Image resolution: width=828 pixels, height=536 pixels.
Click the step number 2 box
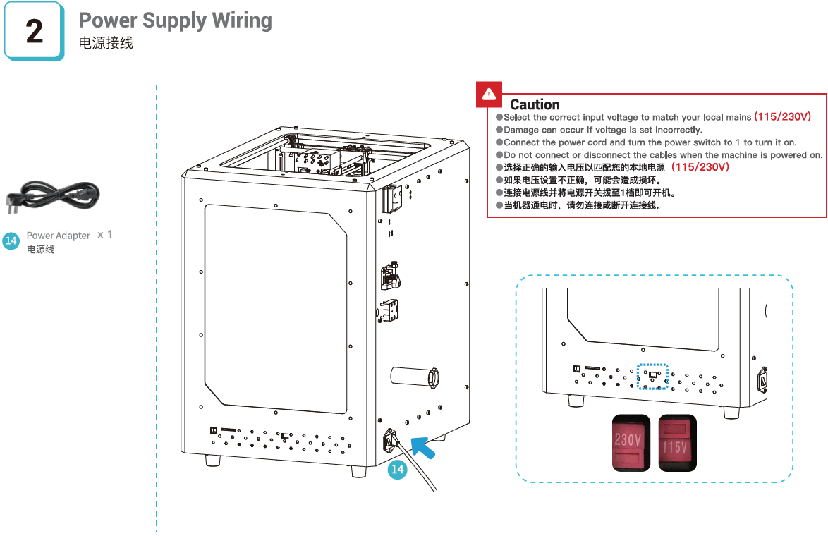click(x=34, y=32)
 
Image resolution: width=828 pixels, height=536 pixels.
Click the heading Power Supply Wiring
click(x=175, y=20)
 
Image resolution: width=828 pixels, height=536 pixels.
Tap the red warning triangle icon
click(x=489, y=94)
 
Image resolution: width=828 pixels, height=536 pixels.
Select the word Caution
click(x=535, y=104)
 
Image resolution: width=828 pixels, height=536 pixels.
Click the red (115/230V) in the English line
click(x=783, y=116)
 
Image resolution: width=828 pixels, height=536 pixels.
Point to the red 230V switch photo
click(x=631, y=442)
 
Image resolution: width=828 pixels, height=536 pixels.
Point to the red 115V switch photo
click(x=677, y=442)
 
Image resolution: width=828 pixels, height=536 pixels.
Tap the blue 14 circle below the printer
click(x=398, y=469)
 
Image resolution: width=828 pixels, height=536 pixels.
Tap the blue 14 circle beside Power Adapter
click(x=11, y=241)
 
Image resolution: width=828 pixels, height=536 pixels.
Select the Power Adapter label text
click(x=59, y=236)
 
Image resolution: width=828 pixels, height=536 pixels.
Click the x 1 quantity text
click(x=105, y=234)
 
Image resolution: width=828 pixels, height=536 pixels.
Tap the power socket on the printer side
click(x=390, y=442)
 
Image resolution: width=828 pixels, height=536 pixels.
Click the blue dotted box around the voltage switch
click(x=652, y=376)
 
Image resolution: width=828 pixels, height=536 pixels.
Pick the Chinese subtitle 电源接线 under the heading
click(x=106, y=43)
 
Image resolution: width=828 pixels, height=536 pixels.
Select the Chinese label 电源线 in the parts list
click(x=40, y=250)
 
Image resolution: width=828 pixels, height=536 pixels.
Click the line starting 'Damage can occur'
click(x=603, y=130)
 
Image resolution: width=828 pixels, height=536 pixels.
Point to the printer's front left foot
click(x=212, y=461)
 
